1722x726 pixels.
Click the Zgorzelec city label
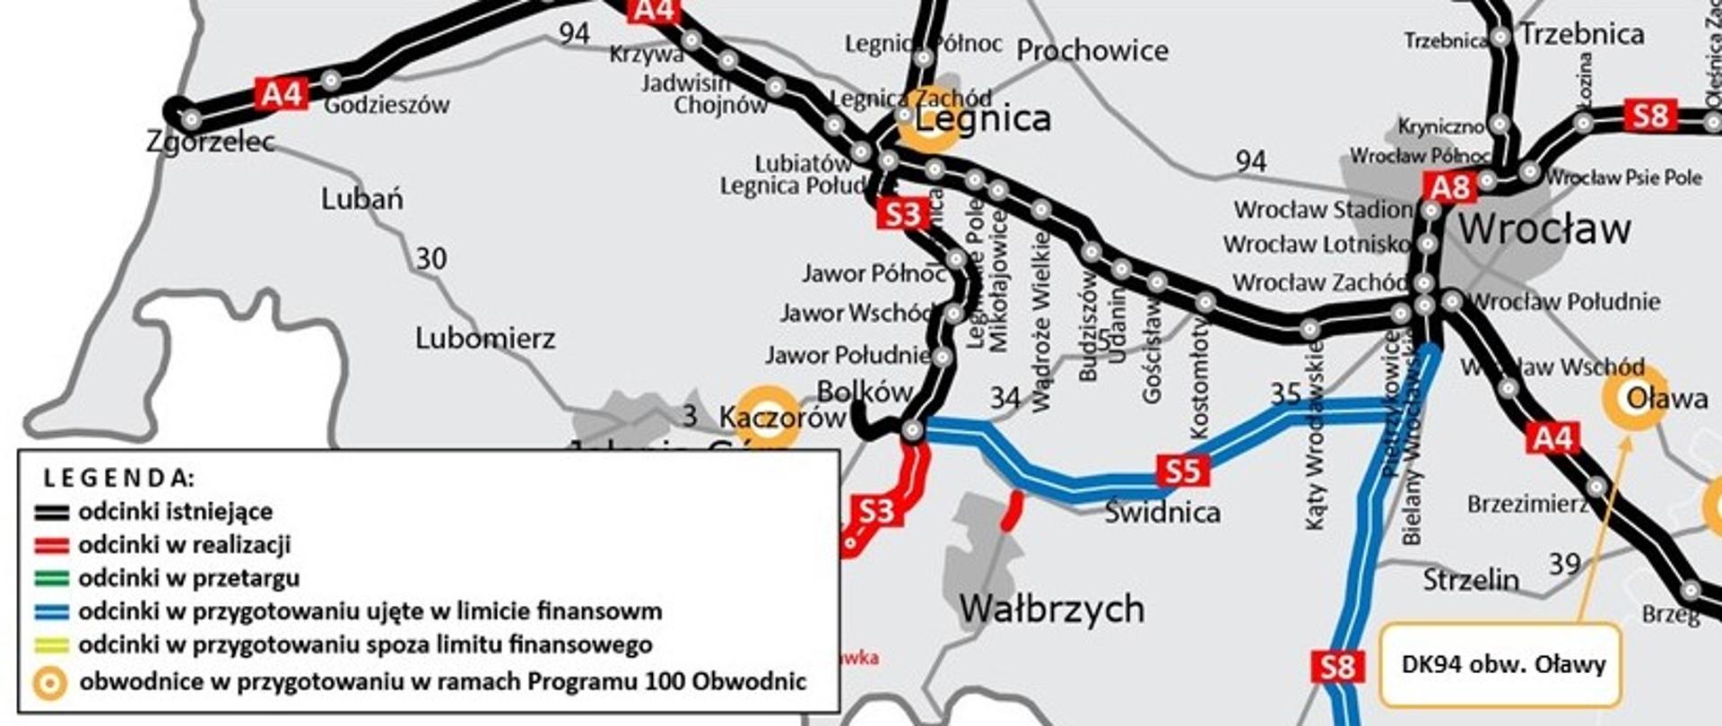pyautogui.click(x=211, y=142)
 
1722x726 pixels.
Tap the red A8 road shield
pyautogui.click(x=1450, y=188)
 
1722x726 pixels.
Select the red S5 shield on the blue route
pyautogui.click(x=1182, y=471)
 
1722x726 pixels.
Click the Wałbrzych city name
pyautogui.click(x=1051, y=609)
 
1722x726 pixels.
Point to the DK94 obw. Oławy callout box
pyautogui.click(x=1502, y=665)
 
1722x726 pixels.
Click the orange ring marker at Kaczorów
pyautogui.click(x=768, y=416)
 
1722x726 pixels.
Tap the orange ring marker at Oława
pyautogui.click(x=1635, y=398)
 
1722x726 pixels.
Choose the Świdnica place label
pyautogui.click(x=1162, y=513)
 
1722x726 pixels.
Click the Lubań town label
pyautogui.click(x=362, y=199)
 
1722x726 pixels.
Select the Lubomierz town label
pyautogui.click(x=485, y=339)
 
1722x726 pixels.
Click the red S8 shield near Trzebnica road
pyautogui.click(x=1649, y=117)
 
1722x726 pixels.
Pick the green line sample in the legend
pyautogui.click(x=51, y=579)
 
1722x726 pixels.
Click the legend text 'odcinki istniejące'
pyautogui.click(x=175, y=512)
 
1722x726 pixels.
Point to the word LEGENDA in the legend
pyautogui.click(x=118, y=477)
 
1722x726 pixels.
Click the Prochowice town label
pyautogui.click(x=1091, y=51)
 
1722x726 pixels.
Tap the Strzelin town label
pyautogui.click(x=1471, y=580)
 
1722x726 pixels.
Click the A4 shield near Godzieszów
pyautogui.click(x=282, y=93)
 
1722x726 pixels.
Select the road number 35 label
pyautogui.click(x=1285, y=394)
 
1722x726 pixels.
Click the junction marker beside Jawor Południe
pyautogui.click(x=942, y=357)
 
